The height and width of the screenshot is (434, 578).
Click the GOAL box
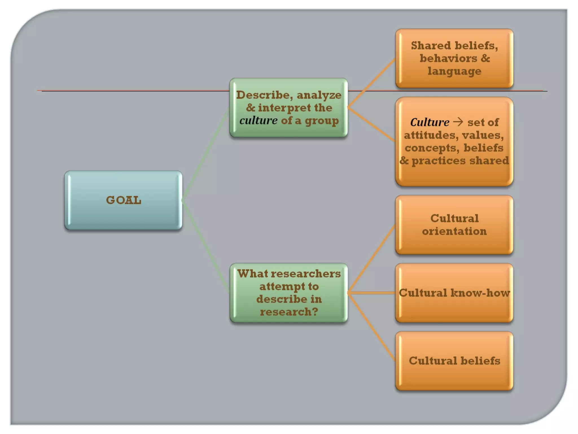point(123,200)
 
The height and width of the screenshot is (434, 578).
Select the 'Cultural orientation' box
point(454,225)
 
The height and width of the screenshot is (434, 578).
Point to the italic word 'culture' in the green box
point(258,121)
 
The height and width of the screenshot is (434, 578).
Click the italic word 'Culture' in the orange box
point(430,122)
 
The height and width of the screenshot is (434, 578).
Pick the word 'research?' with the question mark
point(289,312)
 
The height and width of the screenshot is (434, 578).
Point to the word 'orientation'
point(454,231)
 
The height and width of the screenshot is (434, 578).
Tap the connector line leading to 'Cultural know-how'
point(371,293)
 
